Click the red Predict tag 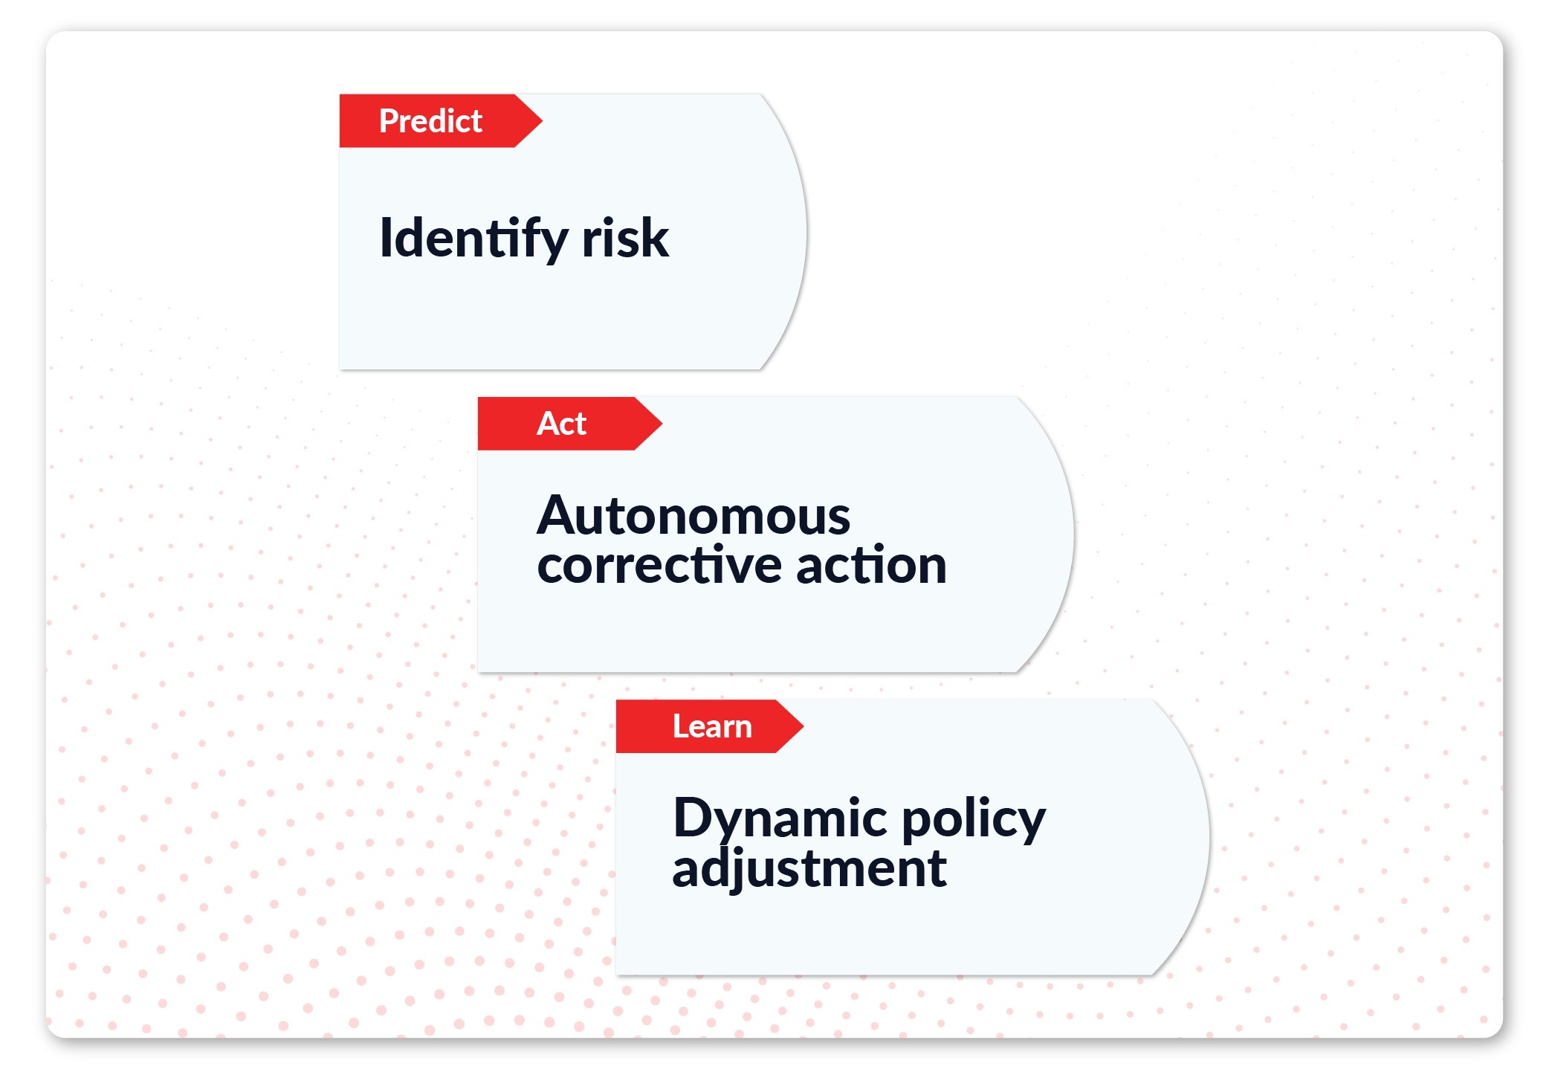click(441, 120)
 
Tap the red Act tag click(569, 423)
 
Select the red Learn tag click(710, 726)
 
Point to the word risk click(625, 238)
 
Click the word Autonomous click(693, 515)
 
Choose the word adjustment click(809, 868)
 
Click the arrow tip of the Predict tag click(542, 120)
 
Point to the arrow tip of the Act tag click(662, 423)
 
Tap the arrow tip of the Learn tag click(803, 726)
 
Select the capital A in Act click(549, 424)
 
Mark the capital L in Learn click(680, 726)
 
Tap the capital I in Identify click(385, 237)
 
